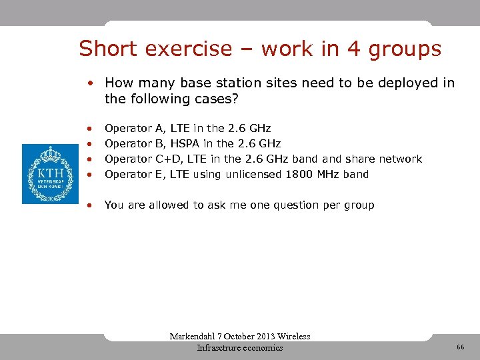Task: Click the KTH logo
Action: pyautogui.click(x=50, y=173)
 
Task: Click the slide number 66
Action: pyautogui.click(x=460, y=347)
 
